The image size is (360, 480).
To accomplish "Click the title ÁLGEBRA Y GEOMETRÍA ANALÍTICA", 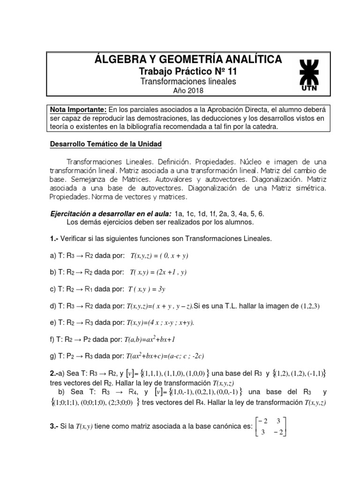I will pos(188,59).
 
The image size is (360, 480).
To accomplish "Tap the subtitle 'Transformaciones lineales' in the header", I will pos(188,81).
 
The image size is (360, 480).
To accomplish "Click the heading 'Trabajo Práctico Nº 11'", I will pos(188,71).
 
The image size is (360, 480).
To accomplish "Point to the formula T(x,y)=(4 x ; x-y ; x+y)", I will pos(160,323).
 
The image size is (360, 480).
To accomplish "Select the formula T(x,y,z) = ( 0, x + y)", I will pos(159,255).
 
